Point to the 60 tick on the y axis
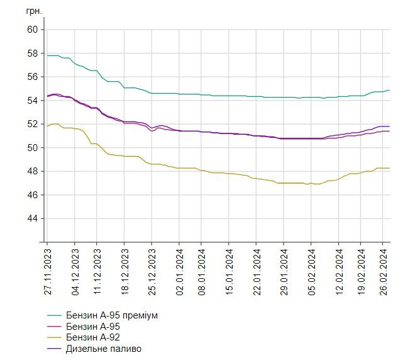(33, 30)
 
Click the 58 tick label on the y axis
(33, 53)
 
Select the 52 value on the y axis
(33, 124)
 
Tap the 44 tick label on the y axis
(33, 218)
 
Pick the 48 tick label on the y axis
(33, 171)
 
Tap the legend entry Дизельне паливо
(104, 348)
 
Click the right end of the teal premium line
(389, 90)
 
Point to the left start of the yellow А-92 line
(47, 127)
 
